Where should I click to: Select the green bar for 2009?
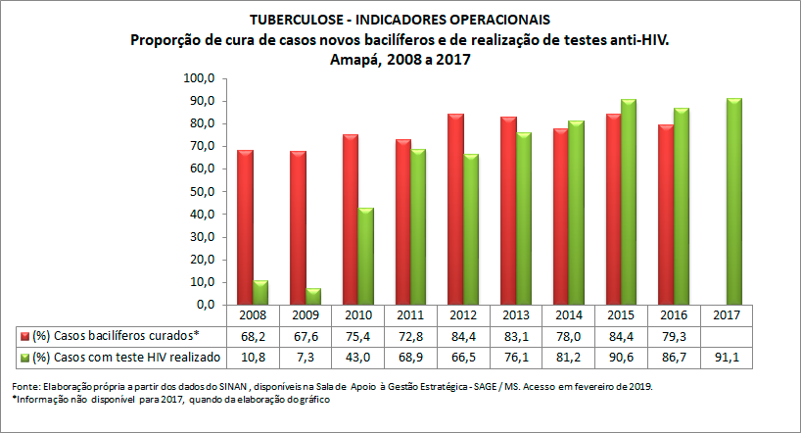(314, 296)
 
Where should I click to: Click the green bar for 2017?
(732, 201)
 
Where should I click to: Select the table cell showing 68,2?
(254, 336)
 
